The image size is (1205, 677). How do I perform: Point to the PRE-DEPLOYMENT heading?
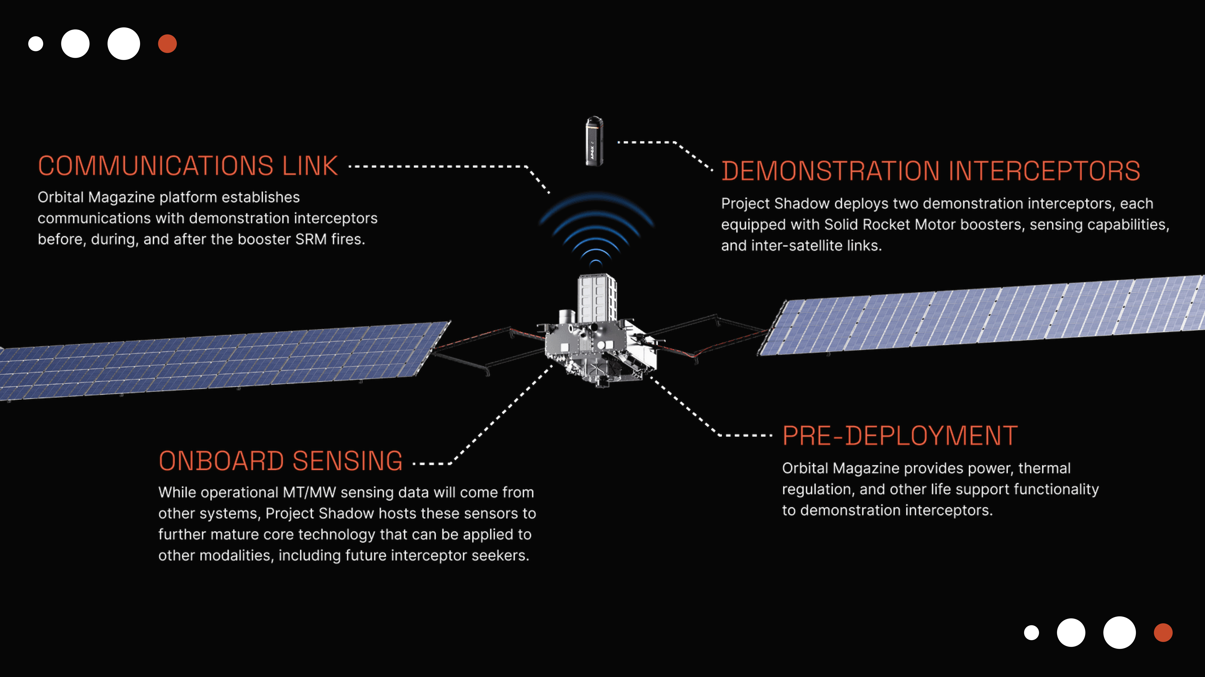(x=900, y=436)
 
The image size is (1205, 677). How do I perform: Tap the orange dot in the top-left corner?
(x=167, y=44)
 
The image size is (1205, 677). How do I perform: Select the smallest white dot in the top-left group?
(x=36, y=44)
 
